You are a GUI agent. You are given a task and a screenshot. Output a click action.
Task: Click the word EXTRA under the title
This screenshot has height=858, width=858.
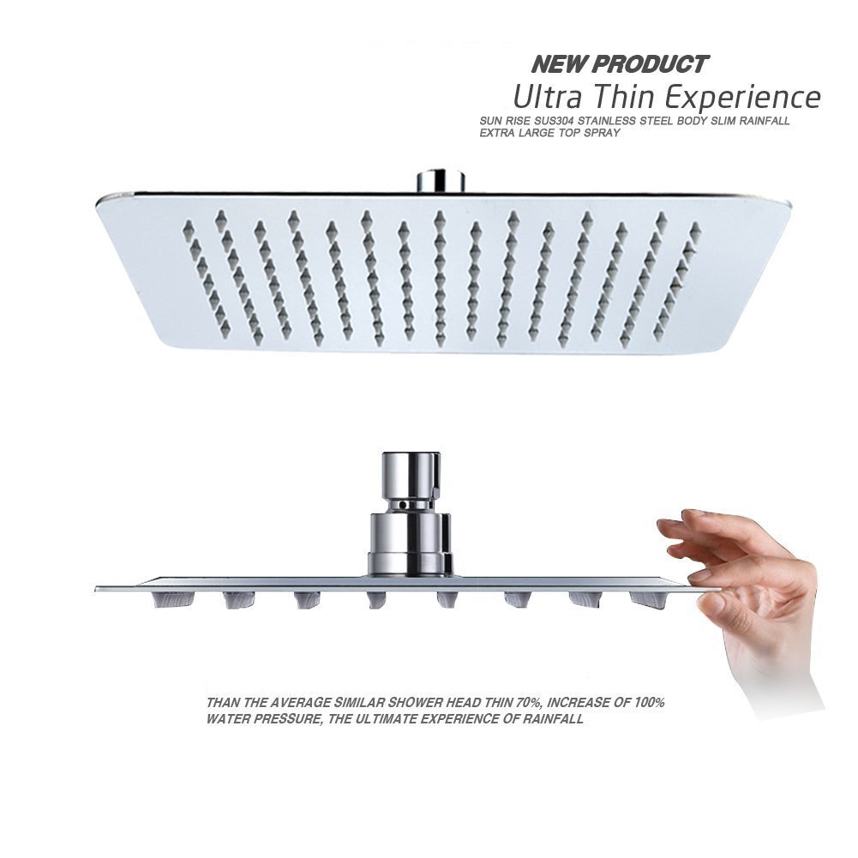click(499, 134)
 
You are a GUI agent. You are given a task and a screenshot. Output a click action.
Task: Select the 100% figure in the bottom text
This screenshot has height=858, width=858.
click(645, 703)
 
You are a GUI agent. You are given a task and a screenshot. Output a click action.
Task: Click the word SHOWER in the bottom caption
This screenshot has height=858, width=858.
click(398, 703)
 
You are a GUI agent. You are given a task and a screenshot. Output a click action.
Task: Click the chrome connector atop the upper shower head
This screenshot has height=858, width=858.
click(440, 181)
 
